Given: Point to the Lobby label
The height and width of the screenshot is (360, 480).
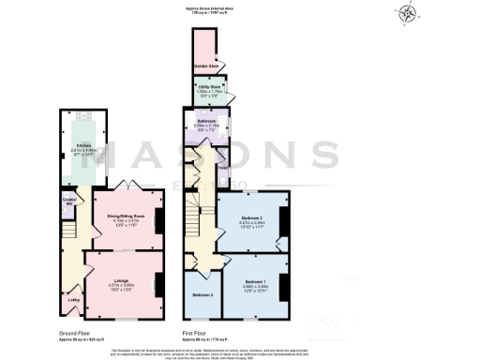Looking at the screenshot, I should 72,299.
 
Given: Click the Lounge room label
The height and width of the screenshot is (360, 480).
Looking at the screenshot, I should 121,279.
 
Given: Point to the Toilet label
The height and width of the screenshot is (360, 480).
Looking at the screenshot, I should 223,169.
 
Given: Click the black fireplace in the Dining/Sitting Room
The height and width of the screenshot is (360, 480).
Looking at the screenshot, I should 157,219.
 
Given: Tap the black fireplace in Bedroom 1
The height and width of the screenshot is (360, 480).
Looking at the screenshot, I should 285,278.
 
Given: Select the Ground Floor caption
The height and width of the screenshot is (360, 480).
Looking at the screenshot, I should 75,332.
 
